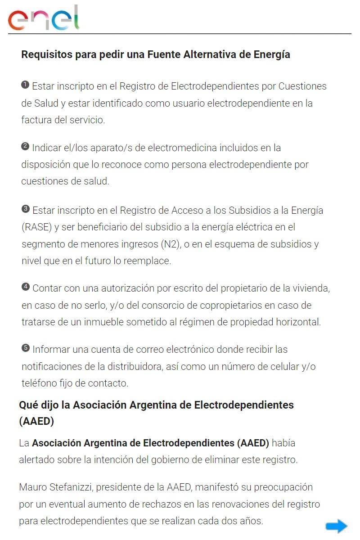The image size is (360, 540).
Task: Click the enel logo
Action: point(44,18)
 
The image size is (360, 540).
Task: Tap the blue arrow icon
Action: point(336,526)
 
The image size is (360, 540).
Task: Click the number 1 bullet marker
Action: point(25,85)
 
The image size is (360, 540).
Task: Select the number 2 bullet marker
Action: point(25,146)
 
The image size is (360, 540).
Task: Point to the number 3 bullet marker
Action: point(25,209)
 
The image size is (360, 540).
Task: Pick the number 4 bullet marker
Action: point(25,287)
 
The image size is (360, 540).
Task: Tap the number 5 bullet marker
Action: point(25,348)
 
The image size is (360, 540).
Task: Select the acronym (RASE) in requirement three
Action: point(36,227)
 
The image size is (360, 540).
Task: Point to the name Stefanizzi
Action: point(70,487)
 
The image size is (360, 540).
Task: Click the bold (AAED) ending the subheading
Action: point(36,422)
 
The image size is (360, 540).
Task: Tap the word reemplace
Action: point(148,261)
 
